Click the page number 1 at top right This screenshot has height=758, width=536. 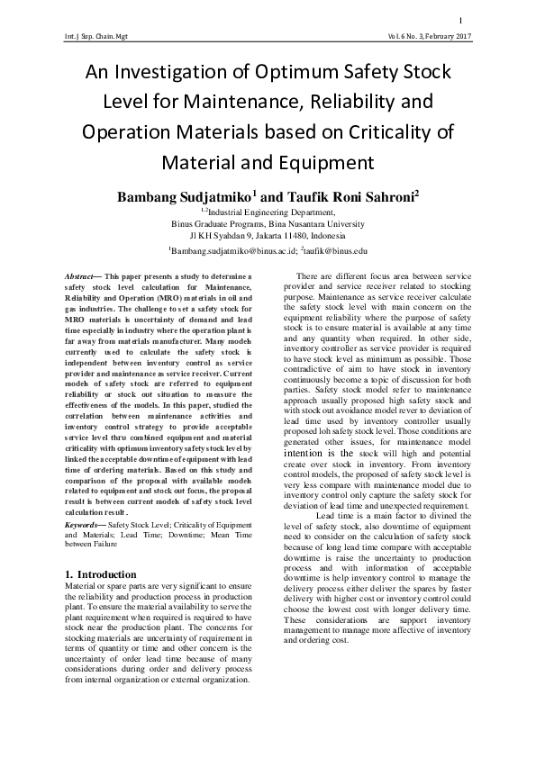pyautogui.click(x=461, y=21)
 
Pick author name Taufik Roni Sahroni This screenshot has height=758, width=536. pyautogui.click(x=340, y=194)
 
